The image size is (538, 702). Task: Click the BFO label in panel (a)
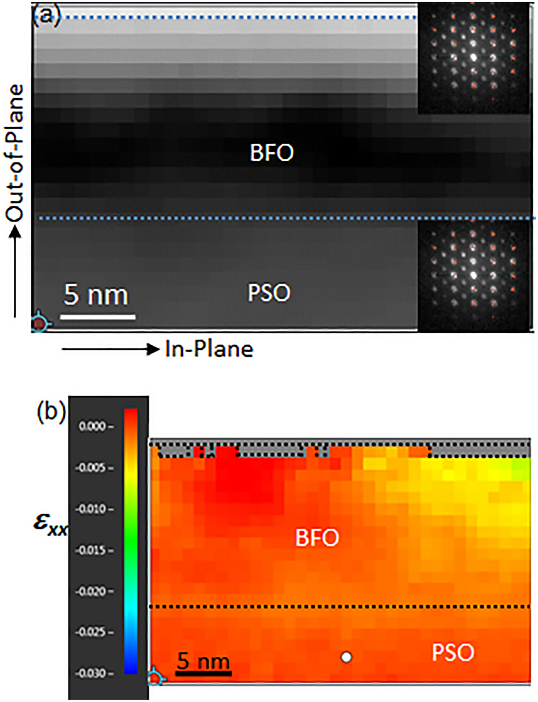271,153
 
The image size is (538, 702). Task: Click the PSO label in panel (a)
269,293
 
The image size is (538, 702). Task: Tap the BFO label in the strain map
317,538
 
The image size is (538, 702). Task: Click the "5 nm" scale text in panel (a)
96,295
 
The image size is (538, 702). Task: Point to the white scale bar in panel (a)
98,317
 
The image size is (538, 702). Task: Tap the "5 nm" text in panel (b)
204,661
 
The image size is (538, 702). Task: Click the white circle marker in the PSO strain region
346,657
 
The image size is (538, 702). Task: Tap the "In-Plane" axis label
209,349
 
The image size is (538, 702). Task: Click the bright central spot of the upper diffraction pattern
473,57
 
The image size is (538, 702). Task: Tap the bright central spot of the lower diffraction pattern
473,275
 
